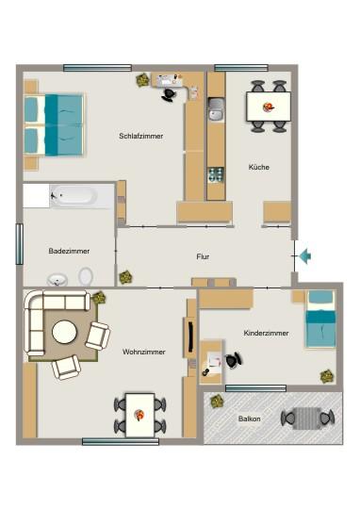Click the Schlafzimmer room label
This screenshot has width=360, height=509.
click(x=140, y=136)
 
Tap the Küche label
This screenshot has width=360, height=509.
click(x=258, y=167)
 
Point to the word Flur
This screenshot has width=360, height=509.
click(x=203, y=254)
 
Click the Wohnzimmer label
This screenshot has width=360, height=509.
click(x=143, y=352)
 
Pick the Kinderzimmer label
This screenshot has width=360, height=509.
click(x=264, y=334)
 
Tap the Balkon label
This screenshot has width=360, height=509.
click(x=250, y=419)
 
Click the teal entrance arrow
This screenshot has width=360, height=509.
click(x=303, y=254)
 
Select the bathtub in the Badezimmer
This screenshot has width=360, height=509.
click(x=73, y=196)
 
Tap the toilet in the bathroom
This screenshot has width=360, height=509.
click(x=87, y=277)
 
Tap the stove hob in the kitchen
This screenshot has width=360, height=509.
click(x=216, y=173)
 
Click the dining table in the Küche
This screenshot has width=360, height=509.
click(x=269, y=106)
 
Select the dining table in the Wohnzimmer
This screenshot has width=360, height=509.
click(x=140, y=412)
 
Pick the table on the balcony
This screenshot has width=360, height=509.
click(x=308, y=417)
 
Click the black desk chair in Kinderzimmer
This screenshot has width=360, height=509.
click(x=232, y=359)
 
